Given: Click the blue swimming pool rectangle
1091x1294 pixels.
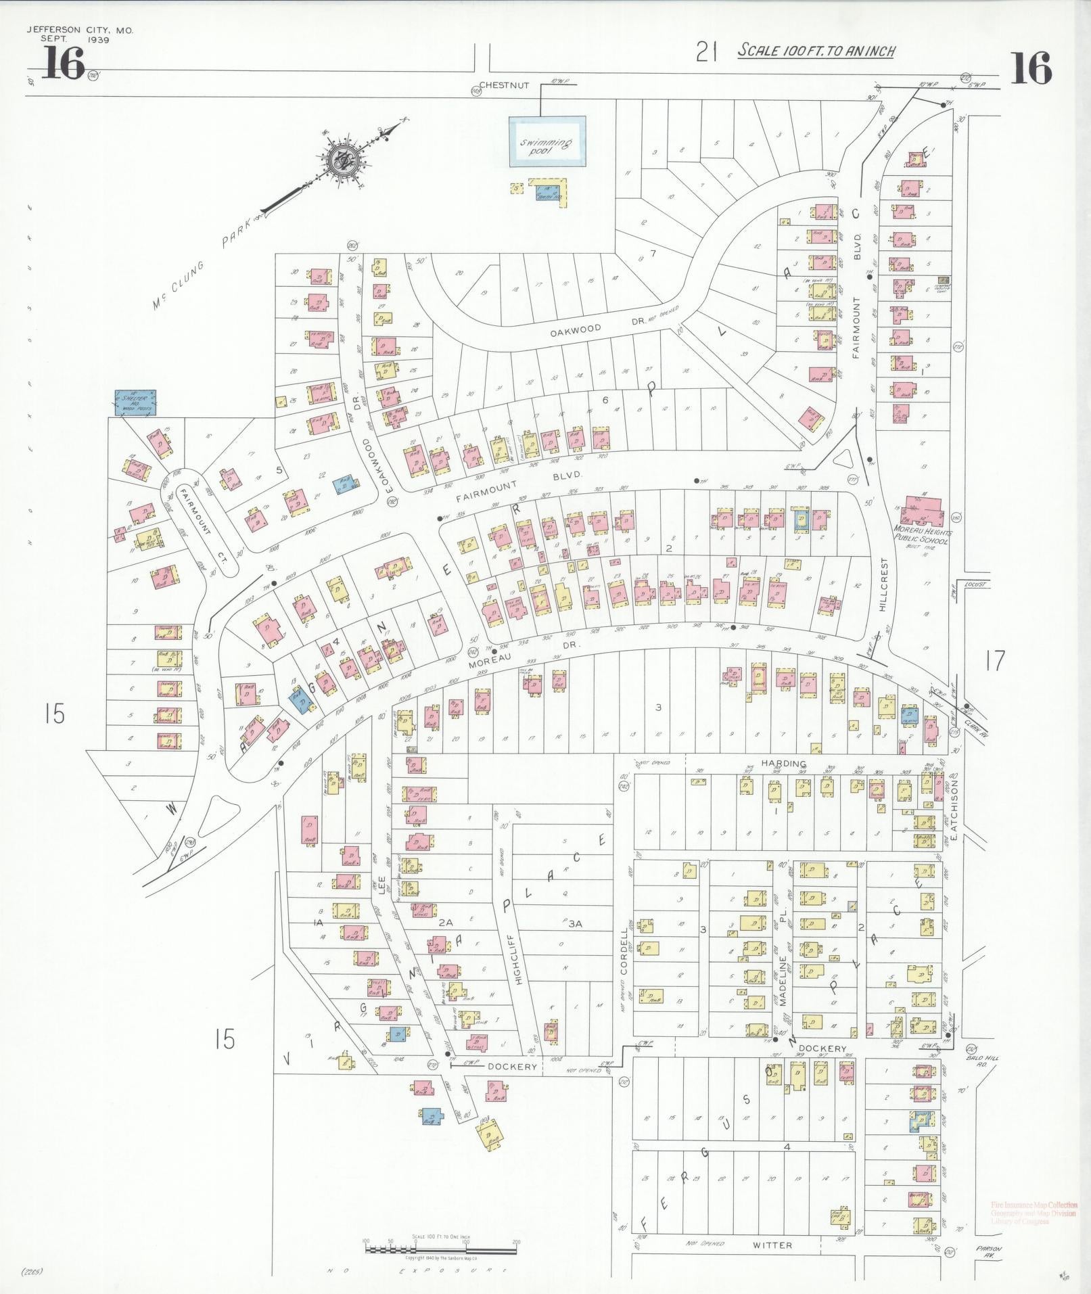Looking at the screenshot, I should (x=547, y=141).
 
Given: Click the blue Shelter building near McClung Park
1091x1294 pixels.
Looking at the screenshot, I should (x=135, y=402).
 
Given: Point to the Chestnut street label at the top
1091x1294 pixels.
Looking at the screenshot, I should (x=503, y=85).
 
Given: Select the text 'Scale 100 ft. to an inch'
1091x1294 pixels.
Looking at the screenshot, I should (x=816, y=51).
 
